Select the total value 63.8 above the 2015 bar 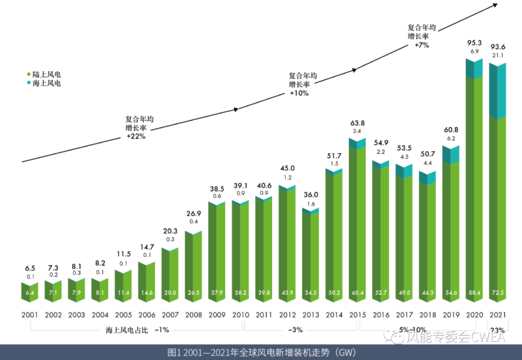coord(358,123)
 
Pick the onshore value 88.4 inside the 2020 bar coord(474,295)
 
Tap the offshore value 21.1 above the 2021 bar coord(499,55)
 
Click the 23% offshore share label coord(499,330)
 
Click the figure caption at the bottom coord(261,352)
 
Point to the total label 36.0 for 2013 coord(311,194)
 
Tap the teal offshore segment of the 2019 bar coord(452,154)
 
